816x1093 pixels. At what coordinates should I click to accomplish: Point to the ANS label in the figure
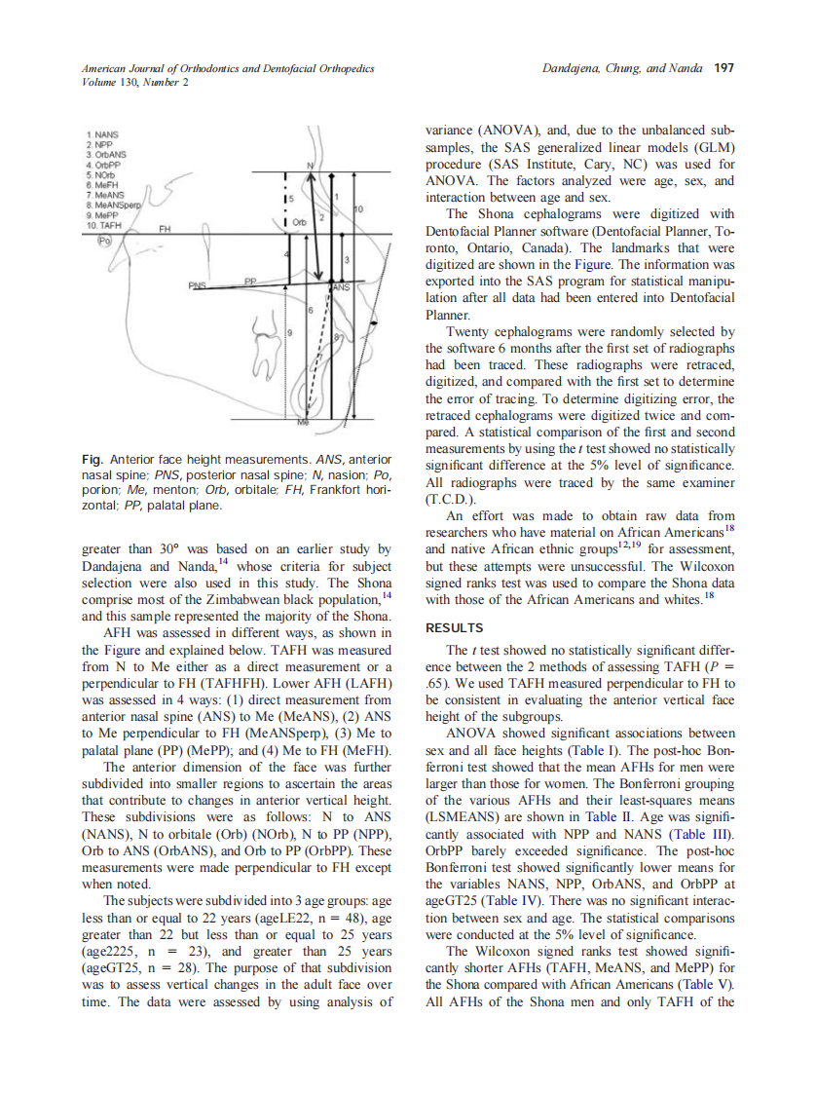[339, 288]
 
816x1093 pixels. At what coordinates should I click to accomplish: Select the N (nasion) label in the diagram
[310, 167]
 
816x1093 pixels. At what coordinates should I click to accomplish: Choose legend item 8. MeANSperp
[114, 206]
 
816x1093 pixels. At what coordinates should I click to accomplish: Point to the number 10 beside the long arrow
[358, 209]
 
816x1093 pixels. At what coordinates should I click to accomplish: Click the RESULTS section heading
[456, 627]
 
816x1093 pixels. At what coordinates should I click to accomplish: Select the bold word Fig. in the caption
[93, 459]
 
